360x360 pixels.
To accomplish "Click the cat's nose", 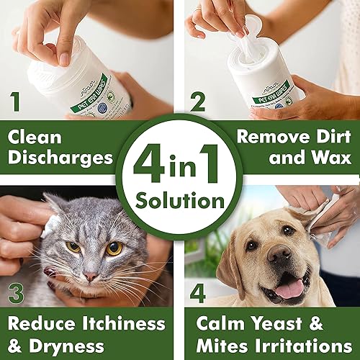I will click(89, 276).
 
